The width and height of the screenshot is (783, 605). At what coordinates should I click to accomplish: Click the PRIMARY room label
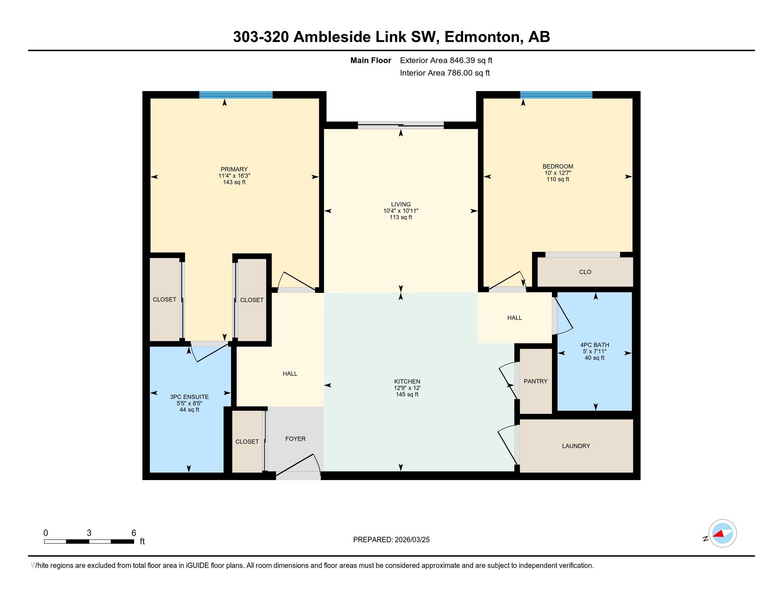click(234, 169)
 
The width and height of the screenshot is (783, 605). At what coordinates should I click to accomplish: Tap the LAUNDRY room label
click(576, 446)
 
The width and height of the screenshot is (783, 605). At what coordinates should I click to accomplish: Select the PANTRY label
click(535, 381)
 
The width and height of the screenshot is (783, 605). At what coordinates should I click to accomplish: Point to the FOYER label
click(295, 439)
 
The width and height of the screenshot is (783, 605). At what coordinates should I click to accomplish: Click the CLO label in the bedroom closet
click(585, 272)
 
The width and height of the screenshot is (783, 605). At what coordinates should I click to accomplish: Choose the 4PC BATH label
click(594, 345)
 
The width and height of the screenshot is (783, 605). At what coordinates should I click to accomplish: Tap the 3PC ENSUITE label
click(189, 397)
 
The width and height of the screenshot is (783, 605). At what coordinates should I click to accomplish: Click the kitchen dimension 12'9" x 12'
click(407, 388)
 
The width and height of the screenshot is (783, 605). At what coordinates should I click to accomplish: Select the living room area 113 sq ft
click(401, 217)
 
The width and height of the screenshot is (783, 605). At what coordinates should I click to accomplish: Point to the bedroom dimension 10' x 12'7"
click(558, 173)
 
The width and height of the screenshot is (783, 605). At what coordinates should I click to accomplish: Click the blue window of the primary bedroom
click(236, 95)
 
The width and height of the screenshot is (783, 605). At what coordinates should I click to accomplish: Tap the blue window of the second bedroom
click(556, 95)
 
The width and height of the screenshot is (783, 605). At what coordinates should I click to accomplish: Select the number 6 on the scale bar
click(134, 533)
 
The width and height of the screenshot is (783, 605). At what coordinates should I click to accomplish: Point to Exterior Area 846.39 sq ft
click(446, 60)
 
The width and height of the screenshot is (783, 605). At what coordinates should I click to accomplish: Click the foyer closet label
click(247, 442)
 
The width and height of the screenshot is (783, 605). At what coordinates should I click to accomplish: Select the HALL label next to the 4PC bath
click(515, 317)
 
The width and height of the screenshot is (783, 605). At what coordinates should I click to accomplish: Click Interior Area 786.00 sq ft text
click(445, 73)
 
